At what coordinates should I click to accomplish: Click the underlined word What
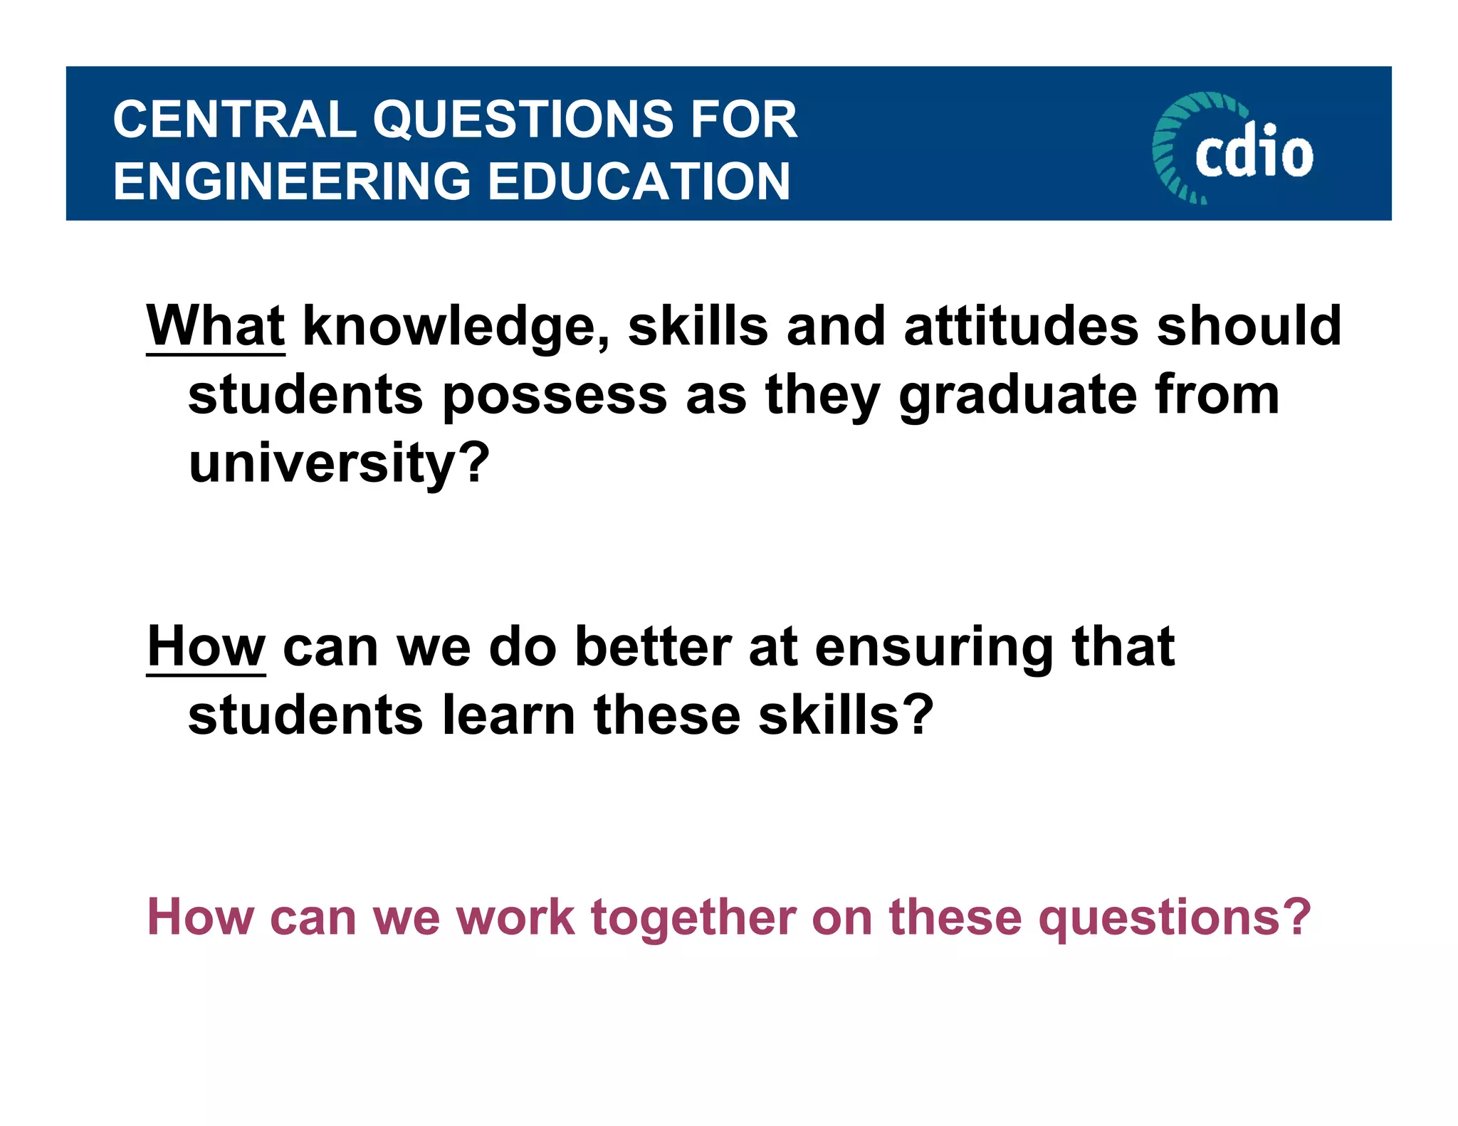tap(216, 326)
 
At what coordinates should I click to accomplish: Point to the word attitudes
tap(1022, 326)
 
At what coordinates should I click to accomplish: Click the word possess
tap(555, 396)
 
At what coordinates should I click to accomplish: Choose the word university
tap(339, 463)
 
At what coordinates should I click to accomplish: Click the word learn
tap(508, 715)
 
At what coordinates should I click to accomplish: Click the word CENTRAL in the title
tap(235, 119)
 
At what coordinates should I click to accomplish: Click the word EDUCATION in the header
tap(639, 181)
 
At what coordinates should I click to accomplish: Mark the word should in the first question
tap(1249, 326)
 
